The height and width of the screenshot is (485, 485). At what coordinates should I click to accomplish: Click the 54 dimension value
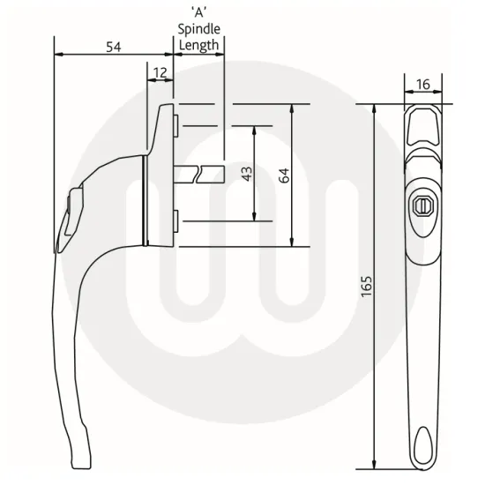(x=113, y=47)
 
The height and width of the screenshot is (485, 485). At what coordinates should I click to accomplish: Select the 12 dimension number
(x=160, y=71)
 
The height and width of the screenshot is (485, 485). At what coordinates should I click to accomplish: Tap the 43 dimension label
(x=247, y=173)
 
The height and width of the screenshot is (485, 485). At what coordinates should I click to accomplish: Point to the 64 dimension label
(x=283, y=175)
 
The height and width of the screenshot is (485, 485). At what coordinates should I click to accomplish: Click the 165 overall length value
(x=367, y=287)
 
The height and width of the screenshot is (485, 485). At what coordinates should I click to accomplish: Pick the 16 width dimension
(x=422, y=84)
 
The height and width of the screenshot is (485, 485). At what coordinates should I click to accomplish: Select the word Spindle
(x=198, y=30)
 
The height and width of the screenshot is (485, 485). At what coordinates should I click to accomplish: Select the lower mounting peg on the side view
(x=177, y=219)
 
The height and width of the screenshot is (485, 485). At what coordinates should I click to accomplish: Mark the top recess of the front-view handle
(x=422, y=123)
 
